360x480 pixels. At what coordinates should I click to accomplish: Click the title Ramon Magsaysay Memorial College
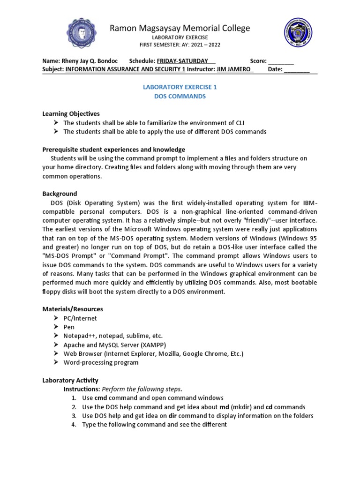[x=180, y=28]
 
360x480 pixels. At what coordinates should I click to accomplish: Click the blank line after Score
[x=281, y=61]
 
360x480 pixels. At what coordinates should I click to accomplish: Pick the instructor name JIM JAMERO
[x=234, y=69]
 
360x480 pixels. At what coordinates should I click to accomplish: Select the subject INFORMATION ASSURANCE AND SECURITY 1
[x=125, y=69]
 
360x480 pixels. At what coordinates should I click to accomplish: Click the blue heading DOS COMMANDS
[x=180, y=96]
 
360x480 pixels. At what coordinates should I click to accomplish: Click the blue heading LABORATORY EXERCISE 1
[x=180, y=87]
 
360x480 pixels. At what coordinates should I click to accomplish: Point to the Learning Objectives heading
[x=71, y=114]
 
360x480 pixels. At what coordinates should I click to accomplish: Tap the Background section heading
[x=60, y=194]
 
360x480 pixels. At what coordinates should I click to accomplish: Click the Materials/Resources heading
[x=73, y=309]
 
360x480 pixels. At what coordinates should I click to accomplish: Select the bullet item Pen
[x=69, y=327]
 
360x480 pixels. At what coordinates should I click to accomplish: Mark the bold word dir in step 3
[x=172, y=416]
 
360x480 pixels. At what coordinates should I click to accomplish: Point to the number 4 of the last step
[x=74, y=425]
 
